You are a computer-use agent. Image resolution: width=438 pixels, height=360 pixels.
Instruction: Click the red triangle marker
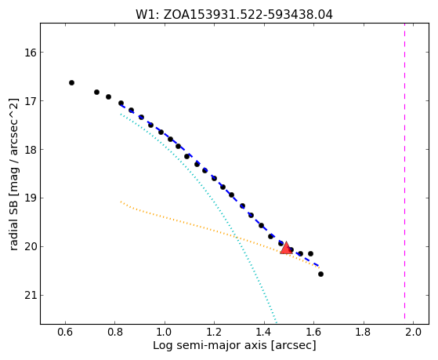pos(286,248)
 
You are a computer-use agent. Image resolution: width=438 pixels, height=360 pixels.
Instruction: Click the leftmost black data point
pos(71,83)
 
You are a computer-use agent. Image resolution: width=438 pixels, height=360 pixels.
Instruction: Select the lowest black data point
pos(320,275)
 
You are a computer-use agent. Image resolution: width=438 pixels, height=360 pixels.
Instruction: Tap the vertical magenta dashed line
pos(404,173)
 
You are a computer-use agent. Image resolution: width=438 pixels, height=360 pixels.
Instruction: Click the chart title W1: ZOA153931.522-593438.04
pos(234,14)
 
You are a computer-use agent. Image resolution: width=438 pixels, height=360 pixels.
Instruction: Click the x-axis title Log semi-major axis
pos(234,346)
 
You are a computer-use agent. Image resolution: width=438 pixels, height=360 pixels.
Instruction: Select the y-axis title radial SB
pos(13,174)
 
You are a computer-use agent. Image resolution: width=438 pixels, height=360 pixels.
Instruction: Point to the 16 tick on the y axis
pos(31,53)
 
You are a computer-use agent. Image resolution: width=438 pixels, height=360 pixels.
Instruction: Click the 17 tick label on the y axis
pos(31,101)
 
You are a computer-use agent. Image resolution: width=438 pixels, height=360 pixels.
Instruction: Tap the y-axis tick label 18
pos(31,150)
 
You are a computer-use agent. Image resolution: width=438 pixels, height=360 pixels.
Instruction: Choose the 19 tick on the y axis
pos(31,198)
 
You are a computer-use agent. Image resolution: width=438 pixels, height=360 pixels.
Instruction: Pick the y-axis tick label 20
pos(31,247)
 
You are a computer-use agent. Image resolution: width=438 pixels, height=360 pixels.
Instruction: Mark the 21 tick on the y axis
pos(31,296)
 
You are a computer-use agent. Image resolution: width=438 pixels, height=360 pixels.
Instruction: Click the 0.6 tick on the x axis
pos(65,332)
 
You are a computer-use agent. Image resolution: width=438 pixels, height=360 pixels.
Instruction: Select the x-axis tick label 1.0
pos(165,332)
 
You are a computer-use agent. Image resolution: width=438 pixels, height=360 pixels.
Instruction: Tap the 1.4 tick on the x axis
pos(264,332)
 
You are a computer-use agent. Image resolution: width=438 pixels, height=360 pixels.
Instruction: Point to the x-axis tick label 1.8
pos(364,332)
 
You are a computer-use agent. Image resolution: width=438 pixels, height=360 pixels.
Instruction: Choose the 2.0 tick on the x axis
pos(413,332)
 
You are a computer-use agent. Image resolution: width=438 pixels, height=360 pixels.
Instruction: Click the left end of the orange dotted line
pos(121,202)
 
